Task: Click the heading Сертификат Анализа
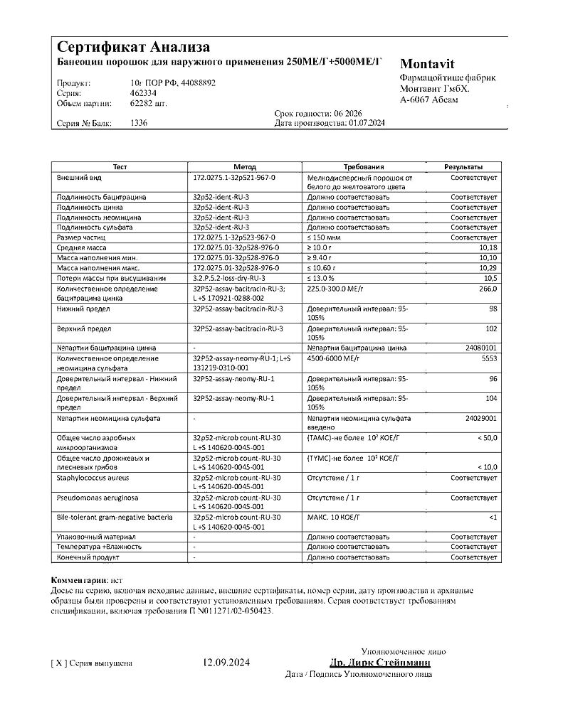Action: click(133, 48)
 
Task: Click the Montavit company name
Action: click(427, 63)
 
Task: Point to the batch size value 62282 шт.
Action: click(149, 103)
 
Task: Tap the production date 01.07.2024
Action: click(367, 123)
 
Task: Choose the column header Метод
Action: click(244, 166)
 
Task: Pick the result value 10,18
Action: click(488, 247)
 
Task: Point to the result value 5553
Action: click(489, 359)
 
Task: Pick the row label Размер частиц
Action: click(80, 237)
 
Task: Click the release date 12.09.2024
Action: click(227, 663)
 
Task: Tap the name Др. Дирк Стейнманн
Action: click(380, 663)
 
